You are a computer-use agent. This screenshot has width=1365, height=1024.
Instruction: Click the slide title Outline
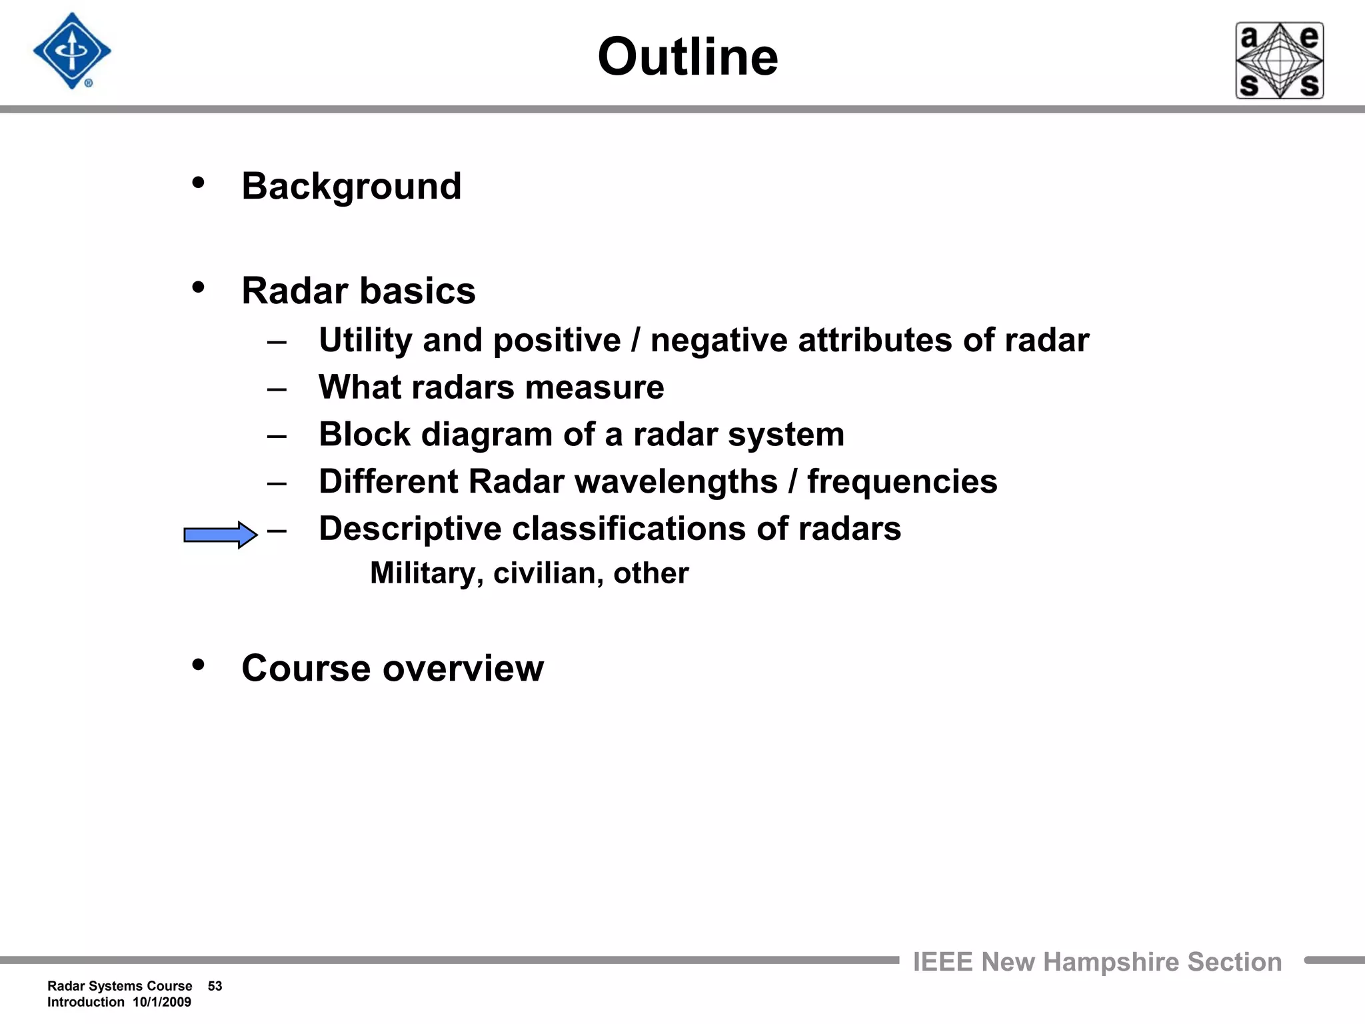(687, 57)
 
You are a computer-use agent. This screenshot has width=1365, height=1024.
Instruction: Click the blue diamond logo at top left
(72, 51)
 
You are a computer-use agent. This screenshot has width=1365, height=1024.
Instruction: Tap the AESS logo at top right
(1279, 61)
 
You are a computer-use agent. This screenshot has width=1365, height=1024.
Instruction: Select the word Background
(351, 186)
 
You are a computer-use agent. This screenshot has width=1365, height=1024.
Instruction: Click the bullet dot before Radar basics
(198, 288)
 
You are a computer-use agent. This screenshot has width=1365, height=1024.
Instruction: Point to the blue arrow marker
(220, 535)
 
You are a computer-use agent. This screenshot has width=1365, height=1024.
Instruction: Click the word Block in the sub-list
(364, 435)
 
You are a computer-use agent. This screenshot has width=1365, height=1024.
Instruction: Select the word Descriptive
(410, 529)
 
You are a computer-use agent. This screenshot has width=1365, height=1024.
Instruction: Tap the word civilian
(548, 573)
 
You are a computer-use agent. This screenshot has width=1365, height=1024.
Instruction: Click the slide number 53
(215, 986)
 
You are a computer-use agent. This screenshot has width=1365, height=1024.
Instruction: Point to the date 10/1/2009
(162, 1002)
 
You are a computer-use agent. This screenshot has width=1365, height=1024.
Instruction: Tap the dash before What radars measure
(277, 389)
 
